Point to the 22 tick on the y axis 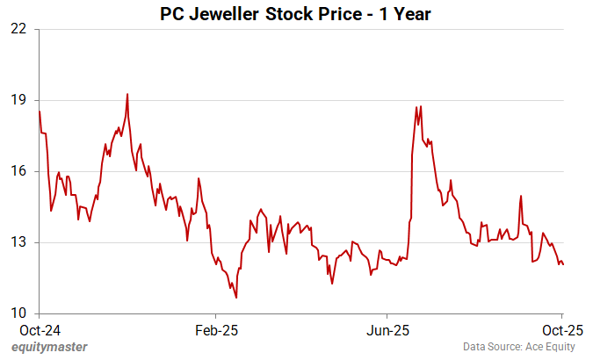pos(18,29)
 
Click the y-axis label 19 pos(18,100)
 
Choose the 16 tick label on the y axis pos(18,171)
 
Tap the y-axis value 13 pos(18,242)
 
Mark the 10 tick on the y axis pos(18,313)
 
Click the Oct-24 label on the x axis pos(40,331)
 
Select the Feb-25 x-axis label pos(214,331)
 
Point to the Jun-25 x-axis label pos(387,331)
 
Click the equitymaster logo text pos(50,347)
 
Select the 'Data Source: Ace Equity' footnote pos(524,347)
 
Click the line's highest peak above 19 pos(127,94)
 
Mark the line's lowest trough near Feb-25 pos(236,299)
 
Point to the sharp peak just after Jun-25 pos(421,106)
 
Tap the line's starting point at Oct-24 pos(40,112)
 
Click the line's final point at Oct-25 pos(562,264)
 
